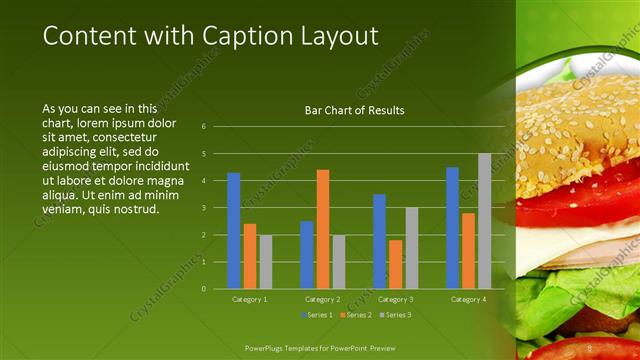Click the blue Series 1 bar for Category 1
233,231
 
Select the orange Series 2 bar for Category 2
323,229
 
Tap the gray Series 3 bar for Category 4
484,221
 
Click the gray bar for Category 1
265,262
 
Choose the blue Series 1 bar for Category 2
306,255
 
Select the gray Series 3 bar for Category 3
411,248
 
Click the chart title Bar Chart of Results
354,110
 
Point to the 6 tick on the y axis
203,127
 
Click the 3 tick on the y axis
203,208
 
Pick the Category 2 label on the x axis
322,299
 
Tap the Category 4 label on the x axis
467,299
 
